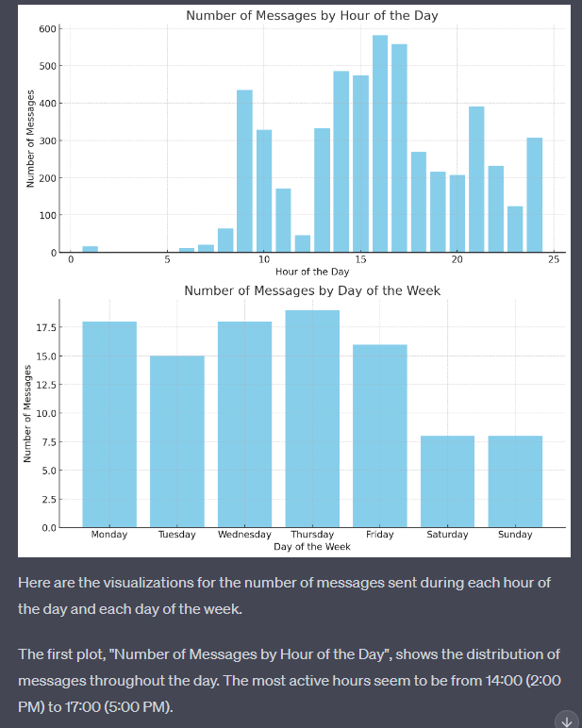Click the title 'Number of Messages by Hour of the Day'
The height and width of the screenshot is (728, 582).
pos(311,16)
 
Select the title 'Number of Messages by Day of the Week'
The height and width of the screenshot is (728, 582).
pos(311,290)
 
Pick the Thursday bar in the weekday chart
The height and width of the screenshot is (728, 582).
pos(312,419)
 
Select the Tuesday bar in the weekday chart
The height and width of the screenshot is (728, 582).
pos(176,441)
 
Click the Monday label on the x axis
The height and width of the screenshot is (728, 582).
pos(109,535)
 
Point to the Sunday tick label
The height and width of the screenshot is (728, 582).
pos(515,535)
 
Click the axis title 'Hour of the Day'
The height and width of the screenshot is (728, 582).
pos(312,272)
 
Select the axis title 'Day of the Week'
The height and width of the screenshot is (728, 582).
pos(312,547)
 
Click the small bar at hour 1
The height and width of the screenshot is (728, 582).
pos(90,249)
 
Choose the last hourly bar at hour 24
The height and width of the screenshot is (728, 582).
pos(534,195)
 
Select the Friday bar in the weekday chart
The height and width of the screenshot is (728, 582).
pos(379,436)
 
